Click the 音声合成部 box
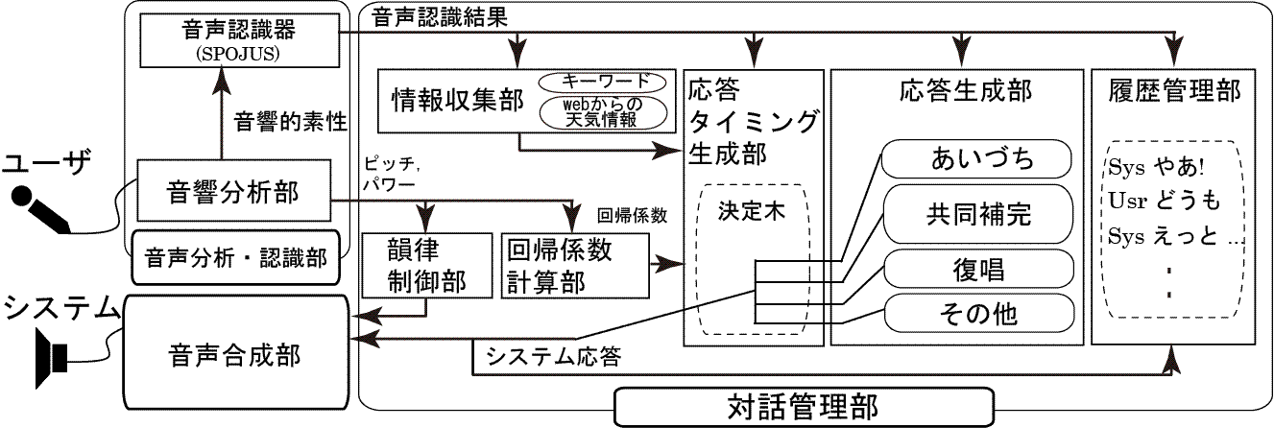click(x=234, y=354)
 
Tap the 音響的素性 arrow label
click(x=291, y=122)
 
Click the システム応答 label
click(x=555, y=358)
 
